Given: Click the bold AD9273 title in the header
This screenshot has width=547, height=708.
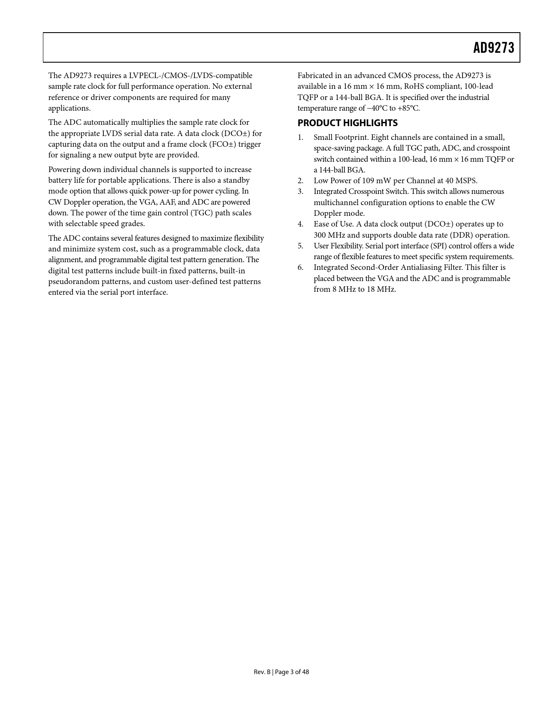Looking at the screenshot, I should [x=493, y=48].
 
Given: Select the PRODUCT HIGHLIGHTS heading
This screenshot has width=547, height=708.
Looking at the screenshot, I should [x=348, y=123].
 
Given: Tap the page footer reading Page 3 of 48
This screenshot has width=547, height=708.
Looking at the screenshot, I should [x=281, y=672].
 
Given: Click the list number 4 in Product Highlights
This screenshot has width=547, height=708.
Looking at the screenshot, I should [x=300, y=224].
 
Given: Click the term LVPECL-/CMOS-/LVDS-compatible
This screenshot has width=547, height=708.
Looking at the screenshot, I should [x=190, y=76].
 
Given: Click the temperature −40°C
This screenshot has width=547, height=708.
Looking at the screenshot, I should [x=376, y=108].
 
